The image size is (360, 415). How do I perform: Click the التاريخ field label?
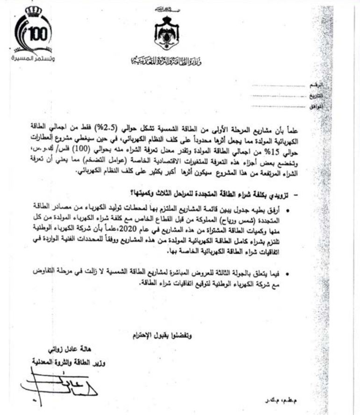317,97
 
